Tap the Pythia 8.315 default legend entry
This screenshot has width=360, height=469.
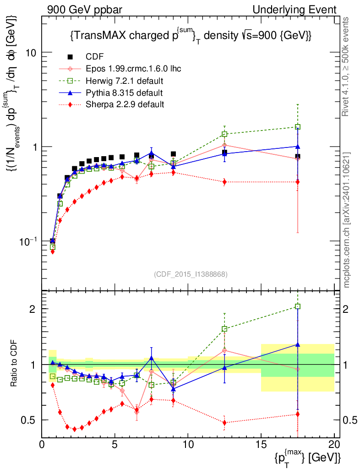coord(124,93)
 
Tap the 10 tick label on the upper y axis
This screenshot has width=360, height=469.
coord(31,52)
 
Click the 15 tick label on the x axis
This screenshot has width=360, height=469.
coord(261,444)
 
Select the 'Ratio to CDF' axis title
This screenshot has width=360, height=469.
coord(14,364)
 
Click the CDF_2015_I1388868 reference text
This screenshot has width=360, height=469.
coord(191,274)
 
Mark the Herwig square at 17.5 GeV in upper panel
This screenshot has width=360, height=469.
coord(298,127)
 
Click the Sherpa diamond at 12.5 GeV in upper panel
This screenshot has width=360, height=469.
coord(224,182)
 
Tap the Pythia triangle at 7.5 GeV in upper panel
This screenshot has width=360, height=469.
coord(152,153)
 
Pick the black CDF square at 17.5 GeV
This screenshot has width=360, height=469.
coord(298,157)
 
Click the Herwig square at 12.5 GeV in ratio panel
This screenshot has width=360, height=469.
coord(224,329)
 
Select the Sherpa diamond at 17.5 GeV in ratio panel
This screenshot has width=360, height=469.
coord(298,414)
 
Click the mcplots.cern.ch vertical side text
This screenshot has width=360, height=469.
coord(347,220)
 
